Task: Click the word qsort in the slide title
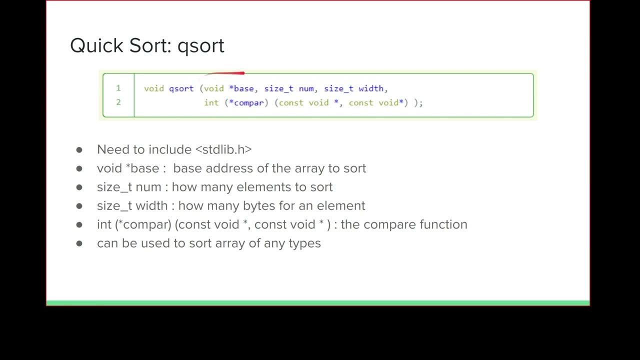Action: (201, 46)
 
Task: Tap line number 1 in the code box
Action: (118, 88)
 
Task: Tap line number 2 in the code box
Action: (118, 102)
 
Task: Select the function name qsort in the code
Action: (181, 88)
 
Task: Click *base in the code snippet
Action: (241, 88)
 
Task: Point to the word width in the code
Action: (370, 88)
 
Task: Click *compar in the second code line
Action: (246, 102)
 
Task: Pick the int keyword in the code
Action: (211, 102)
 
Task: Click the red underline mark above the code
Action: (225, 73)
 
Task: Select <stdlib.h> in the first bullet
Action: (223, 149)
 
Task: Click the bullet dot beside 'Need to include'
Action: (79, 149)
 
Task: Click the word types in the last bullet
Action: (304, 243)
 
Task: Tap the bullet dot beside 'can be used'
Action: (79, 243)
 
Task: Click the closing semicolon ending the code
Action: (421, 103)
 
